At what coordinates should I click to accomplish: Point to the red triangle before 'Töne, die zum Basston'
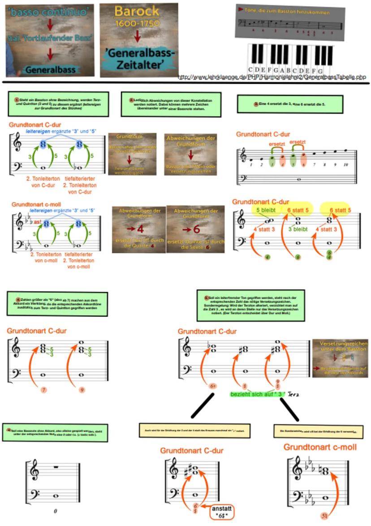point(242,9)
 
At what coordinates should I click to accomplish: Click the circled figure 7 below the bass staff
point(43,390)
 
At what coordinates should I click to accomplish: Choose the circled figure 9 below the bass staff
point(82,390)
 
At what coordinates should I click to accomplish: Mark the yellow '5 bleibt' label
point(266,210)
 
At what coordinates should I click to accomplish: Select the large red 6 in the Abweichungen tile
point(196,229)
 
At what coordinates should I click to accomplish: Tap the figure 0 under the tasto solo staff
point(55,511)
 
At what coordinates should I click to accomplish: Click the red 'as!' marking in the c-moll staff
point(38,222)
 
